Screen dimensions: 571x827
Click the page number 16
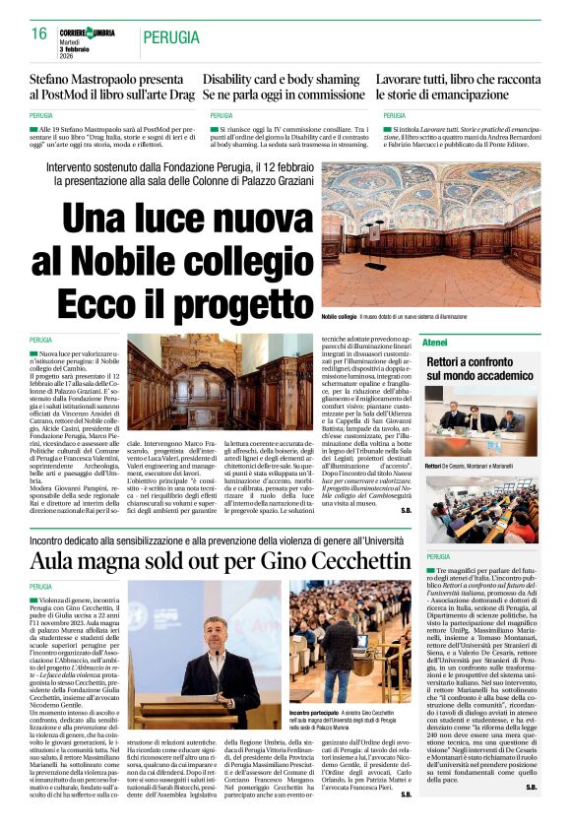[x=39, y=33]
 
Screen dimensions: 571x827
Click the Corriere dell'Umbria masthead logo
[x=87, y=32]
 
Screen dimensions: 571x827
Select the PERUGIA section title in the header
[x=174, y=38]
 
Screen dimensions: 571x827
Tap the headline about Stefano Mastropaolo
[x=111, y=85]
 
